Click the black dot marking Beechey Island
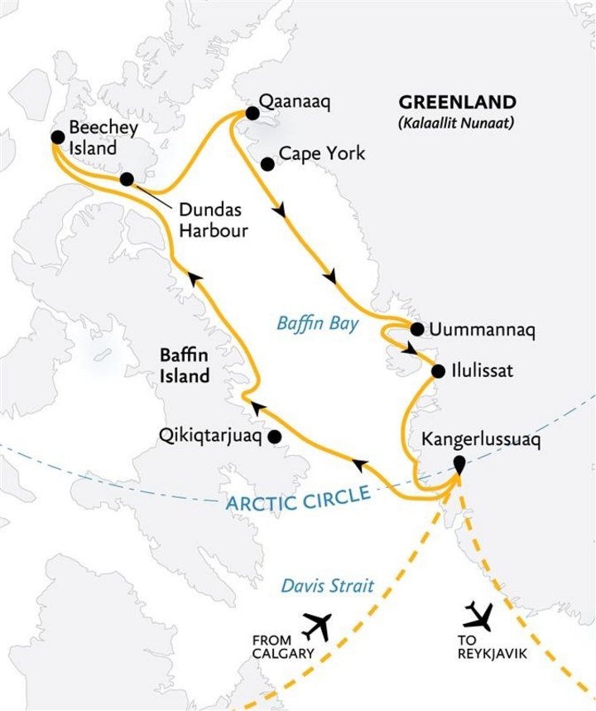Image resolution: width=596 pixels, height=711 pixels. point(56,138)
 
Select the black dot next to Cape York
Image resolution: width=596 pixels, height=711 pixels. point(267,164)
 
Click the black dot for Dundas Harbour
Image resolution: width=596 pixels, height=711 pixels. point(127,179)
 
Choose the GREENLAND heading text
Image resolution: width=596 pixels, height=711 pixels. point(458,103)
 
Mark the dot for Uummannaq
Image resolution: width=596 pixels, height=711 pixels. point(416,328)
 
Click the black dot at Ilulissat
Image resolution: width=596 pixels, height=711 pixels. point(437,370)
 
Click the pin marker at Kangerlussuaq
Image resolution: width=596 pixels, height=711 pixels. point(457,471)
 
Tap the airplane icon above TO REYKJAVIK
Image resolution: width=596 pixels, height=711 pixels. point(478,615)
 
